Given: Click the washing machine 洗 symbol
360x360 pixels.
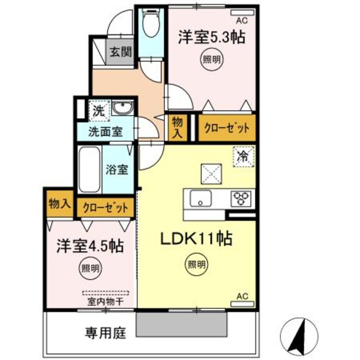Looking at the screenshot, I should [99, 111].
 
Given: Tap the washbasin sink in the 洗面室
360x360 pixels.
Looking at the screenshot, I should [124, 109].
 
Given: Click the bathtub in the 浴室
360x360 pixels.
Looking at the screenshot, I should [89, 169].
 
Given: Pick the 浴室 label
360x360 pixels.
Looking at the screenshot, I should [117, 169].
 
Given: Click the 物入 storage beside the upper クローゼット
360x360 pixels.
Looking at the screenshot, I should [177, 127].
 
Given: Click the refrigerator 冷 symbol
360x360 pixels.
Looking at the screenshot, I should [243, 156].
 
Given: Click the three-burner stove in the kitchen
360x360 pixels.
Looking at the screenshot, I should [241, 197].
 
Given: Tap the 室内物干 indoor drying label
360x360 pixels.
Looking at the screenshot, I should [105, 301].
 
